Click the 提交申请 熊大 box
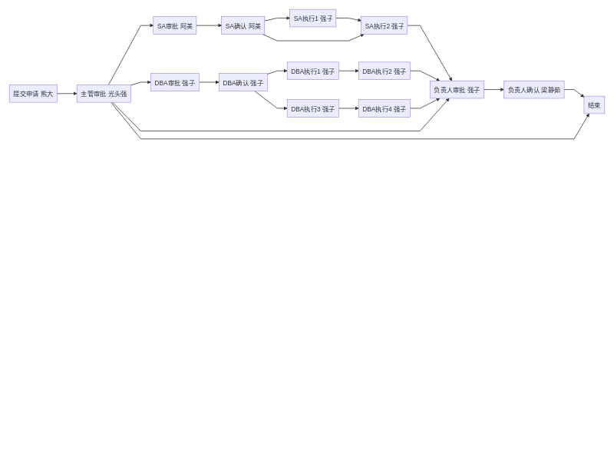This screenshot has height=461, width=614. tap(33, 94)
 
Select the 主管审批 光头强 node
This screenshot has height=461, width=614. tap(104, 94)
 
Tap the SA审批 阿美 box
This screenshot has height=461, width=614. tap(174, 25)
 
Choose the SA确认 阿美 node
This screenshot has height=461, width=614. tap(243, 25)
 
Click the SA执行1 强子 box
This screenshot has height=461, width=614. tap(312, 18)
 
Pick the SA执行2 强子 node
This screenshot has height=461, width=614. tap(384, 25)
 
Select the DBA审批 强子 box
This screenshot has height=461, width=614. tap(174, 82)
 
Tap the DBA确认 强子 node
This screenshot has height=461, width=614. tap(243, 82)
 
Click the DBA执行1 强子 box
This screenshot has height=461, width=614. tap(312, 71)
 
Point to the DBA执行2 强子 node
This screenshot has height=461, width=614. tap(384, 71)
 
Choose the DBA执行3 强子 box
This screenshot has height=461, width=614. tap(312, 108)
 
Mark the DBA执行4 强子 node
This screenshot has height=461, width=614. tap(384, 108)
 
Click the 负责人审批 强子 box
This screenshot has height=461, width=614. tap(457, 90)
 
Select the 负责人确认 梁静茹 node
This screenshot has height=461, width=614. tap(533, 90)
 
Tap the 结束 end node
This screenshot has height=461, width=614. tap(594, 105)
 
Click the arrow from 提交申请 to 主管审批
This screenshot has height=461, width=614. tap(67, 94)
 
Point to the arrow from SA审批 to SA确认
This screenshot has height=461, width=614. tap(209, 25)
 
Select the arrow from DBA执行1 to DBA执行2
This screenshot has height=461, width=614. tap(348, 71)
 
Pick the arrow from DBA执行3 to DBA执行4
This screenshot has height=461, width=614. tap(348, 108)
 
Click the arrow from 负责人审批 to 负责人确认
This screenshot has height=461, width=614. tap(494, 90)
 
